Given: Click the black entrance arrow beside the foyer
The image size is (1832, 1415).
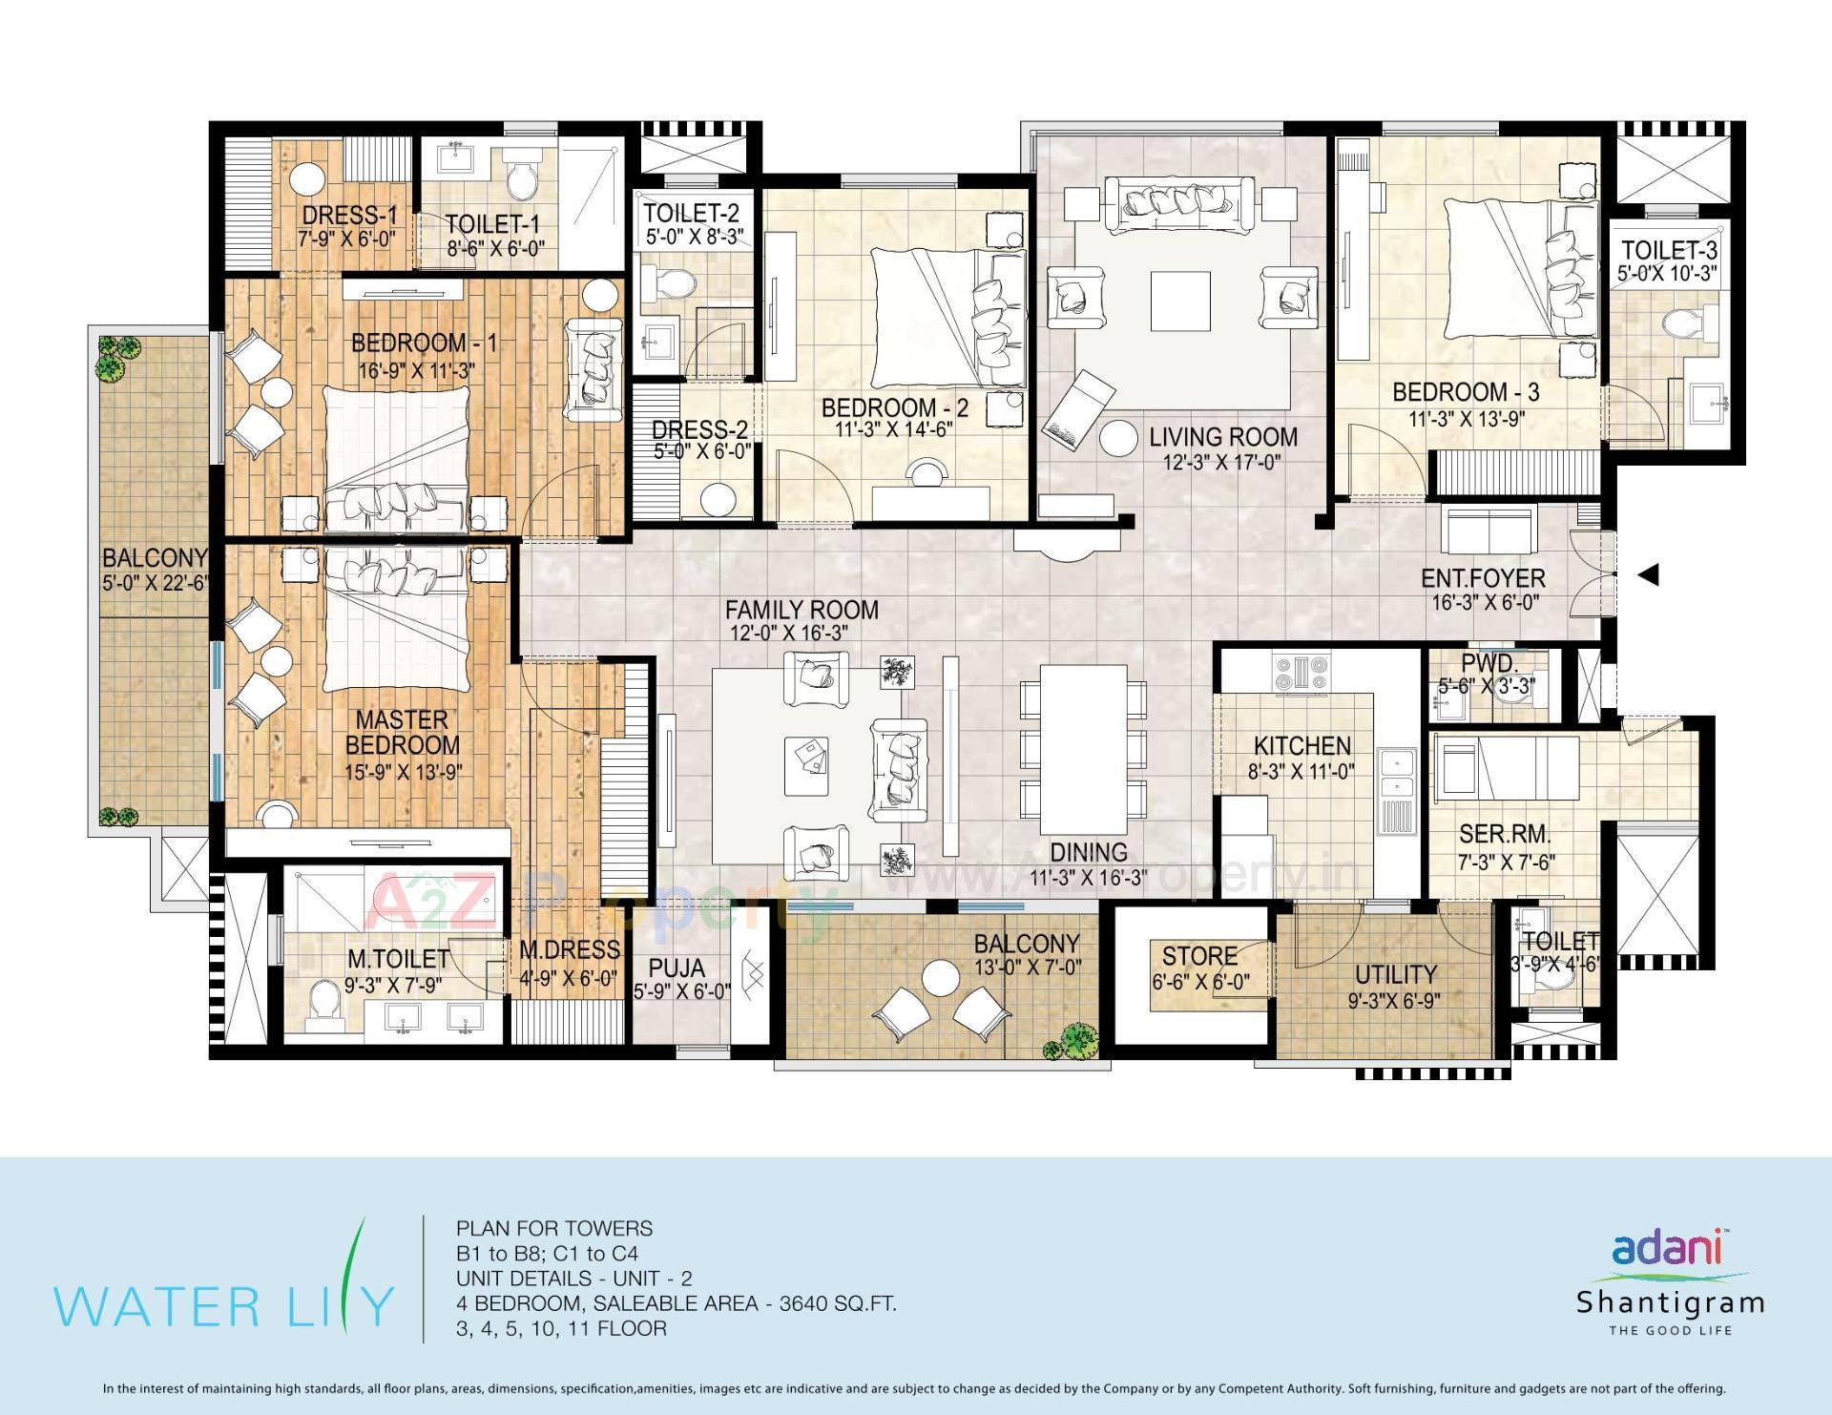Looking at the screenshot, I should (x=1649, y=575).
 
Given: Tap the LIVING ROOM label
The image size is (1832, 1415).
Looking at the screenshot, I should (x=1223, y=437).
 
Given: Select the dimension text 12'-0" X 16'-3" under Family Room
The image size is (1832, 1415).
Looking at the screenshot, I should (x=790, y=633).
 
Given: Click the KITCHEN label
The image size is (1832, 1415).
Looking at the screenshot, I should (x=1301, y=745).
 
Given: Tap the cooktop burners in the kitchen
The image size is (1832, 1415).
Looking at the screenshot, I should (x=1301, y=670).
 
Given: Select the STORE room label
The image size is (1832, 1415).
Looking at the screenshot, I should (x=1199, y=955).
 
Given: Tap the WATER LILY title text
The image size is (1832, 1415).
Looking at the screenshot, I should (x=224, y=1306).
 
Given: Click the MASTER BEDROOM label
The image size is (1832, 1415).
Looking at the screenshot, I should (x=402, y=732).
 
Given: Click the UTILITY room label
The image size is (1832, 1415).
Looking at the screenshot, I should (x=1396, y=974).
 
